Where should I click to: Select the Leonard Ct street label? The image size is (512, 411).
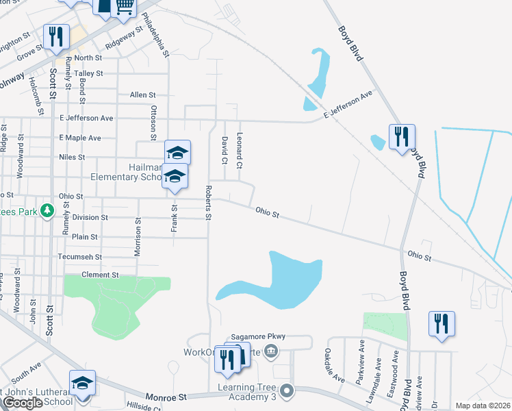click(x=240, y=151)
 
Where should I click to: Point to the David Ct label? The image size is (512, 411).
click(x=224, y=151)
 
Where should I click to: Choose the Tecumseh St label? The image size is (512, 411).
click(x=81, y=257)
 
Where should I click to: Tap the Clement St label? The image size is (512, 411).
click(x=100, y=275)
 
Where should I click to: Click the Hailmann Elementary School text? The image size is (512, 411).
click(x=127, y=171)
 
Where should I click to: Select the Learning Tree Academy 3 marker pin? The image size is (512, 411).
click(x=287, y=390)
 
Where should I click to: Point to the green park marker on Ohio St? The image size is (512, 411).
click(x=47, y=210)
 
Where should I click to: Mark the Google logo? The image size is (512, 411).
click(x=22, y=403)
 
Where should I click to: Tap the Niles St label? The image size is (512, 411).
click(x=72, y=157)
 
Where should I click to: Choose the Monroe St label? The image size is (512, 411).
click(x=167, y=397)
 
